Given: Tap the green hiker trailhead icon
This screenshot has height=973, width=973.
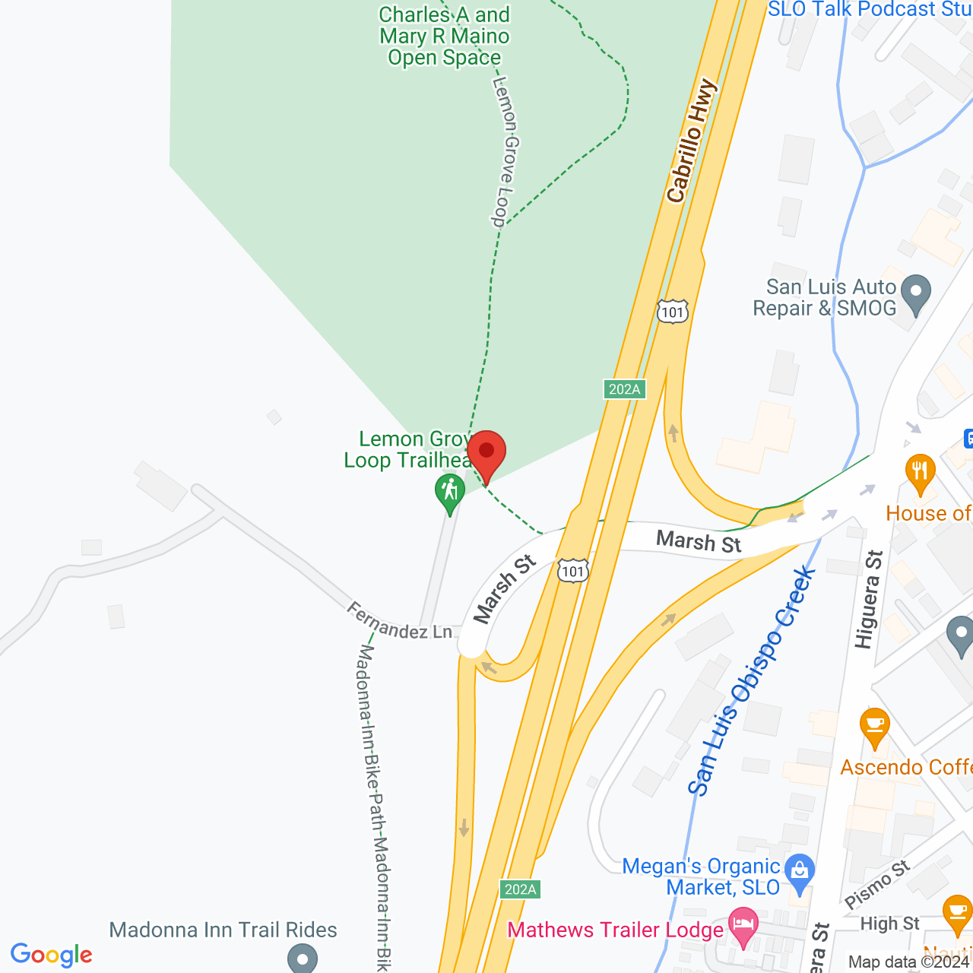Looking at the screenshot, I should point(450,492).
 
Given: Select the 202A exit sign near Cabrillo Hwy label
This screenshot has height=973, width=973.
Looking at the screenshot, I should point(625,389).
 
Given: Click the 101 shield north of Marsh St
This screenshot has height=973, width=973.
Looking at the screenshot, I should point(673,312).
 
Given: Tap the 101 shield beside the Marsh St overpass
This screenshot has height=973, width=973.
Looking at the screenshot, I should point(572,571).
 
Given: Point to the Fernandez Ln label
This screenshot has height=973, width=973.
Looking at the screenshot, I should point(399,621).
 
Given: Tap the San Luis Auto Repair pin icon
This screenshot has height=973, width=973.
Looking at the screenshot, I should point(915,293).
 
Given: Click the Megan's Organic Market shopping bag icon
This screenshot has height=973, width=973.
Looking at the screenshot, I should point(800,873).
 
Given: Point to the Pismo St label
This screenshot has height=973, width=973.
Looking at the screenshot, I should point(877,883).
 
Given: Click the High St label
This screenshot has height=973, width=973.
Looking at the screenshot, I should point(890,924).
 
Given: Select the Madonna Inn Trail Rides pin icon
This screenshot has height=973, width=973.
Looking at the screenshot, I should point(303,958).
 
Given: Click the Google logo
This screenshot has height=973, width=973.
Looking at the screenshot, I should point(52,955).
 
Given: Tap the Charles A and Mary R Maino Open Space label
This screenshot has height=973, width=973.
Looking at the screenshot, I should point(445,36).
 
